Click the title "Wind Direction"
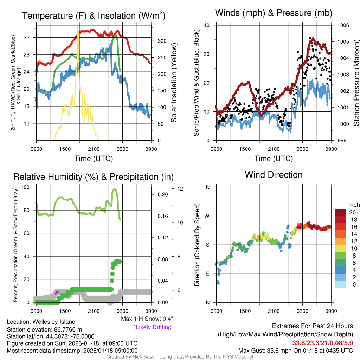[274, 175]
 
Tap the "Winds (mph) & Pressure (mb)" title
[274, 13]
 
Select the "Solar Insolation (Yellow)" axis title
[174, 83]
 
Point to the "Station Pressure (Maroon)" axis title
[356, 83]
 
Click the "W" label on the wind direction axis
[207, 216]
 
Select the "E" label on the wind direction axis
[207, 274]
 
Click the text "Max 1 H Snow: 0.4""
[147, 319]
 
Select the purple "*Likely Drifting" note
[152, 327]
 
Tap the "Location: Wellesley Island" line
[41, 322]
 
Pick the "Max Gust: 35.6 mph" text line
[295, 350]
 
